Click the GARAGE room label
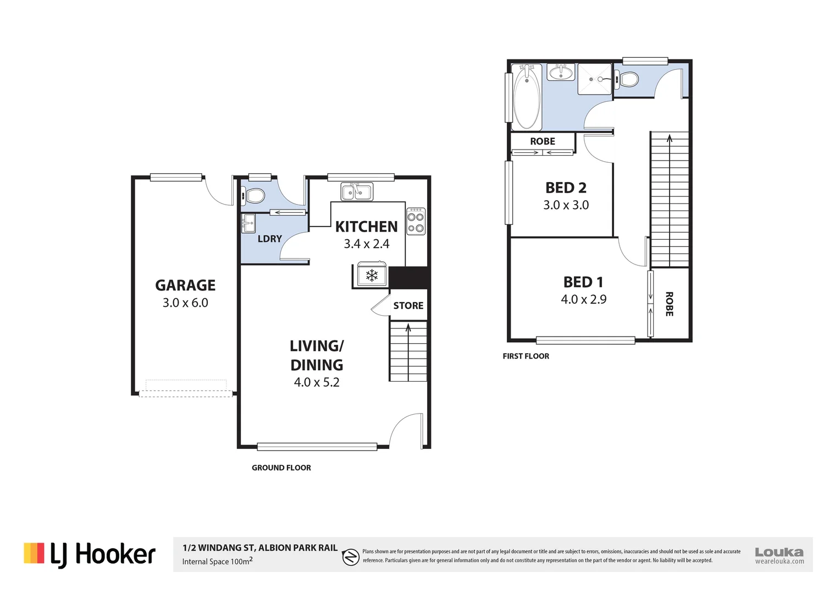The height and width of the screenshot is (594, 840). coord(185,285)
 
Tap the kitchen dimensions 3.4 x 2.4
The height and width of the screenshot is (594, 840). coord(366,244)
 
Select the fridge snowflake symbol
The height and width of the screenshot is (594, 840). coord(372,275)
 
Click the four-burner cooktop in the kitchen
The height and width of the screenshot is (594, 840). coord(416,222)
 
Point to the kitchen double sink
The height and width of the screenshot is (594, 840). coord(356,192)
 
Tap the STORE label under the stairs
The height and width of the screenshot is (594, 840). coord(408,306)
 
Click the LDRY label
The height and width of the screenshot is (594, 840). coord(269,239)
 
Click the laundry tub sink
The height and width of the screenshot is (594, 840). coord(248,223)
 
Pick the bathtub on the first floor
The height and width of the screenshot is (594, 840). coord(526,97)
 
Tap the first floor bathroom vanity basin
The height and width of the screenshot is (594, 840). coord(561,73)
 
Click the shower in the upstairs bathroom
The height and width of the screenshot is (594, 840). coord(594,79)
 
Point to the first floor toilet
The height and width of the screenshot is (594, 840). coord(627,80)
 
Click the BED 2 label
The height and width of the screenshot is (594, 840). coord(566,188)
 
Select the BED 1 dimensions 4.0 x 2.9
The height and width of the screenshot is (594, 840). coord(583,300)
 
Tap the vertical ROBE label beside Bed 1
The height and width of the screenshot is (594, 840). coord(669,304)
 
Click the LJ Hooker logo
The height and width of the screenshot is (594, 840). coord(90,554)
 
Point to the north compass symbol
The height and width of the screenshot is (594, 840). coord(350,557)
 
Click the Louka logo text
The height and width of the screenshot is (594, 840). coord(779,552)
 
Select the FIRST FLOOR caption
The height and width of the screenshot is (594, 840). coord(526,356)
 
